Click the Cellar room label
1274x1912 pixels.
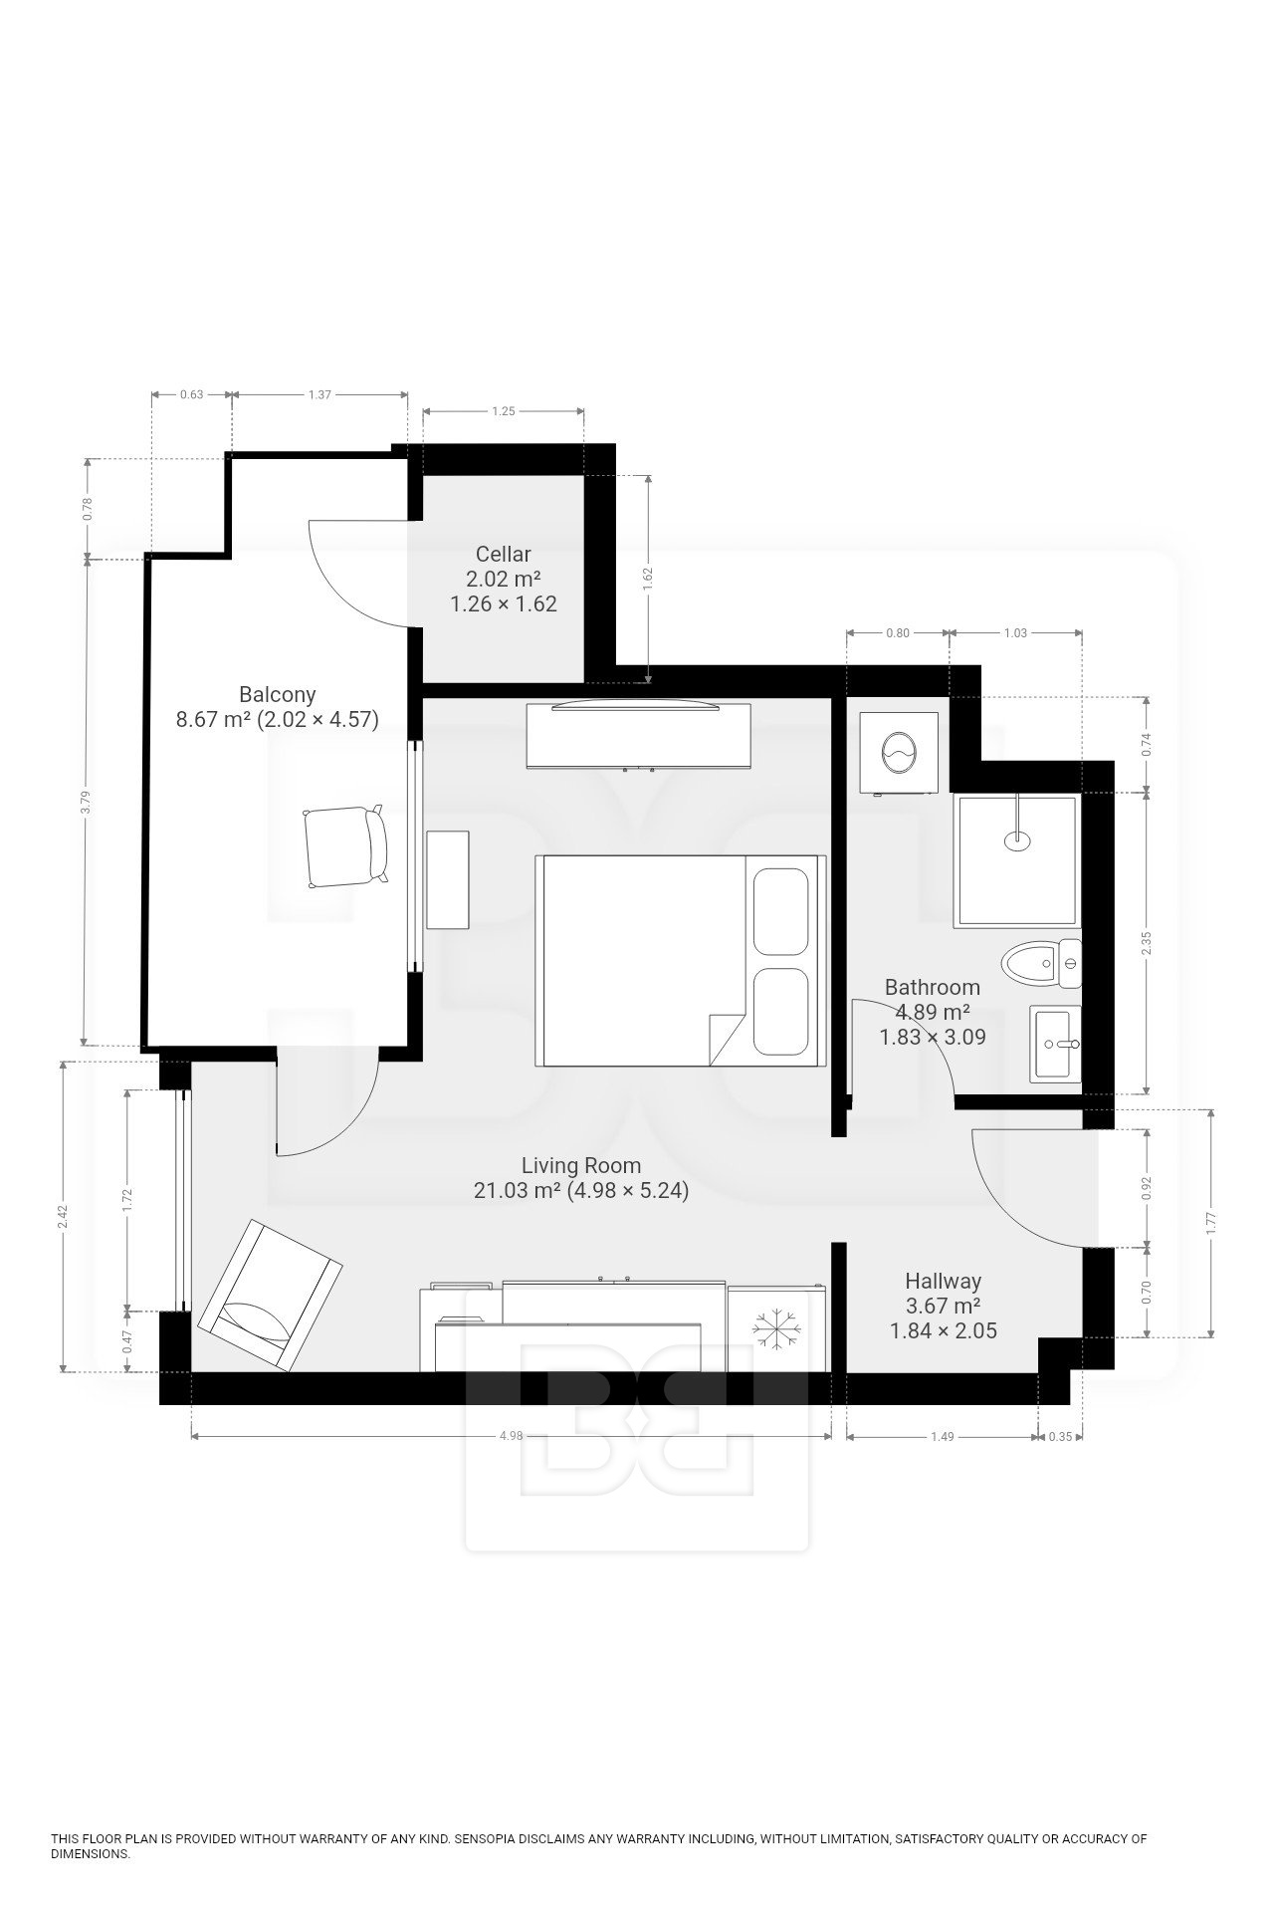504,554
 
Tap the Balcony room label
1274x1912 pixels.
278,694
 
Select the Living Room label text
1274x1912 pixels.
581,1165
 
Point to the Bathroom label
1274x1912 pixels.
933,987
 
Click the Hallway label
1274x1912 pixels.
944,1281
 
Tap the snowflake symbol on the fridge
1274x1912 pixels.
777,1328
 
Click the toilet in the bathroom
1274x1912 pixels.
1041,963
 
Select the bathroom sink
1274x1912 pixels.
1056,1044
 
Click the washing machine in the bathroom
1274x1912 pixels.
900,753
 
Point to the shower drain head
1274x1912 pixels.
1016,839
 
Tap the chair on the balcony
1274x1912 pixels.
344,846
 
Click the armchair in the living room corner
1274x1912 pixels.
270,1295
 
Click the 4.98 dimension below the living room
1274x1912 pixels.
511,1436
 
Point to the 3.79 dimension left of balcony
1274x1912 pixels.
88,802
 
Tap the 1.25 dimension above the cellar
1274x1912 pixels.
504,410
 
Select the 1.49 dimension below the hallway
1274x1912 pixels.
943,1436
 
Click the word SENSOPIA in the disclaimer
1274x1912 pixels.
482,1838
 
